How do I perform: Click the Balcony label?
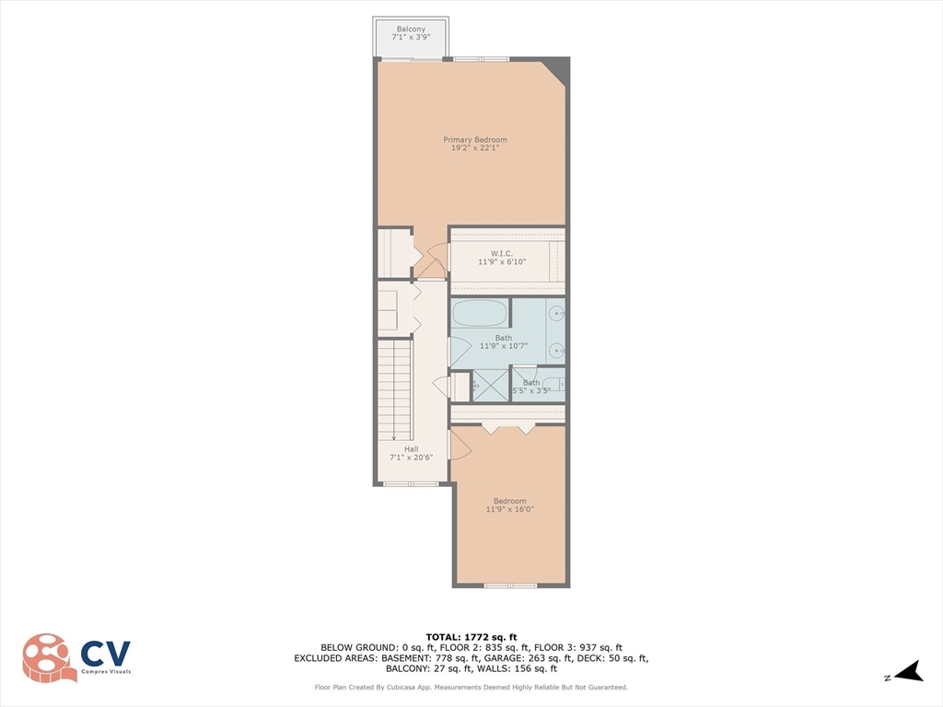tap(410, 29)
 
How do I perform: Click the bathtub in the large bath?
tap(479, 314)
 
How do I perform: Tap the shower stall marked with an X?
tap(490, 385)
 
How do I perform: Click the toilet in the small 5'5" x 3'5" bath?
tap(553, 384)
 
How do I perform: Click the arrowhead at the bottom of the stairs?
tap(394, 438)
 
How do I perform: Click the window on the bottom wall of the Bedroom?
tap(510, 585)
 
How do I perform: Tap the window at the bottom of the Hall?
tap(411, 483)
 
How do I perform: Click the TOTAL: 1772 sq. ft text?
tap(471, 636)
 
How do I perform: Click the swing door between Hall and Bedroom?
tap(459, 446)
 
